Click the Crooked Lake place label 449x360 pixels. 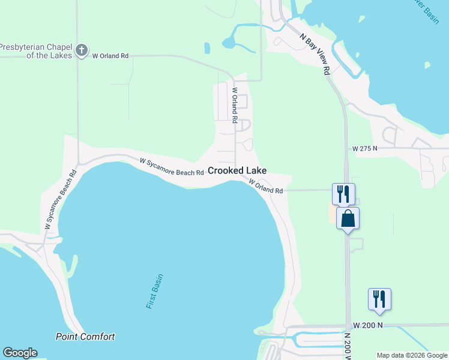tap(237, 170)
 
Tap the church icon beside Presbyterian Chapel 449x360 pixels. tap(83, 50)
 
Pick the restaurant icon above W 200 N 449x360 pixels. tap(379, 299)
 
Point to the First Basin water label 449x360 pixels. tap(155, 292)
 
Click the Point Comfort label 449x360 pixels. tap(85, 337)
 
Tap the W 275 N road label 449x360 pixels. tap(365, 148)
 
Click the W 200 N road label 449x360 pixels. tap(367, 325)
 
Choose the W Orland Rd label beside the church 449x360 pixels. tap(110, 56)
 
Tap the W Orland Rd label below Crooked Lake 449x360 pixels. tap(265, 187)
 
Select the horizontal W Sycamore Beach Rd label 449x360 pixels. tap(172, 167)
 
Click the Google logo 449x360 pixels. tap(20, 353)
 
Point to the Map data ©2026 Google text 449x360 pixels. tap(412, 355)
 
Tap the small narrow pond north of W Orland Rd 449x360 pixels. tap(207, 48)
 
